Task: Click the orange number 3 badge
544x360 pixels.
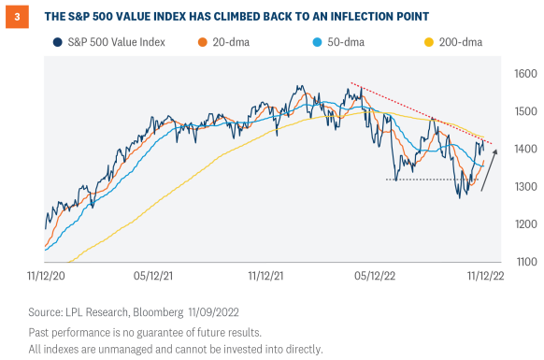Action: click(x=17, y=16)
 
